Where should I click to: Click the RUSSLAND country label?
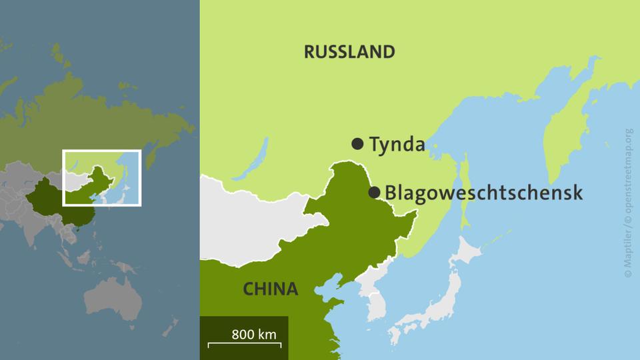click(x=349, y=52)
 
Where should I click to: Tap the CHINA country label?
click(x=270, y=289)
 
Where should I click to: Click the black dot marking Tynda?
click(x=357, y=143)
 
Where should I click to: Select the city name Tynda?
click(x=397, y=144)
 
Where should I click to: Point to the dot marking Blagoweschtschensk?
click(x=374, y=193)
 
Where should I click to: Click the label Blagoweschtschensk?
click(x=483, y=193)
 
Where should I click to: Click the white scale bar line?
click(x=244, y=344)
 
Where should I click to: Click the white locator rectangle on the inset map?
click(x=102, y=151)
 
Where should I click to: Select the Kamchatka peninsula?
click(x=563, y=133)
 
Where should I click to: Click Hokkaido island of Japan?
click(x=471, y=253)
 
